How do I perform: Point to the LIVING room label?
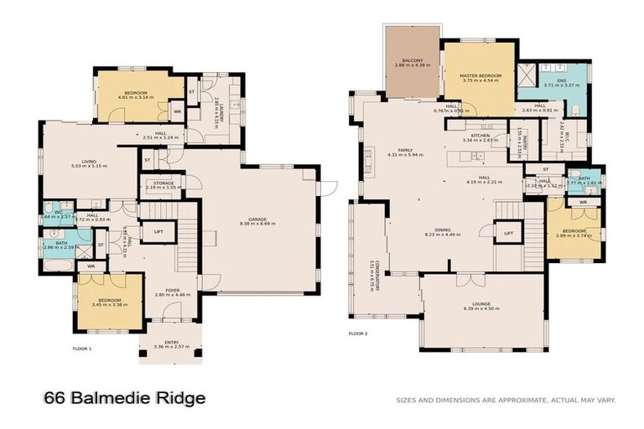coord(82,164)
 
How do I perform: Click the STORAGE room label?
coord(163,184)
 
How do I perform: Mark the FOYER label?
coord(173,291)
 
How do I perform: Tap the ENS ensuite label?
coord(560,82)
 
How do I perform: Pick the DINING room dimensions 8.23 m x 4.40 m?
coord(443,235)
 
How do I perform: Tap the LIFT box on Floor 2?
coord(508,232)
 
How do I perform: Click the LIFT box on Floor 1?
coord(157,232)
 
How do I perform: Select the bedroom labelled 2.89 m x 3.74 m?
coord(573,232)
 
